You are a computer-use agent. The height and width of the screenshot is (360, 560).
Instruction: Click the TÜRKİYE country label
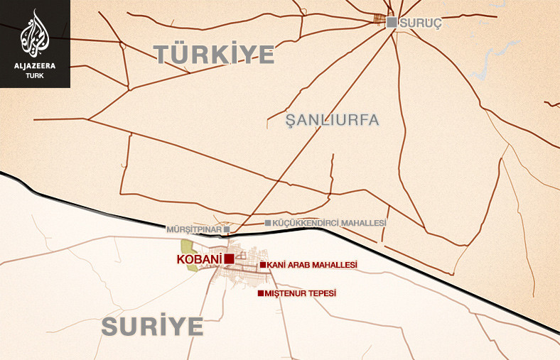(215, 54)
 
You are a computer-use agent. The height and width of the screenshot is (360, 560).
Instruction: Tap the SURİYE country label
(152, 326)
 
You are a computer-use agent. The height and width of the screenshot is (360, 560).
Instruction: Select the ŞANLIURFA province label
(332, 119)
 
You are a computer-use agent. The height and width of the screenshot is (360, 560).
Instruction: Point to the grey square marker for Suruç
(392, 22)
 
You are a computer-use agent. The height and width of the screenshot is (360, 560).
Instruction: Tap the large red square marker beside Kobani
(229, 259)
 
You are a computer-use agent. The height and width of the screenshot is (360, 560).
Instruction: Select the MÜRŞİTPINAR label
(193, 230)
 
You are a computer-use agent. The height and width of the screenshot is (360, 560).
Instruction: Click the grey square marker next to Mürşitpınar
(226, 230)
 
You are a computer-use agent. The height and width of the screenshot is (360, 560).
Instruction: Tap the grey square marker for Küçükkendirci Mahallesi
(267, 223)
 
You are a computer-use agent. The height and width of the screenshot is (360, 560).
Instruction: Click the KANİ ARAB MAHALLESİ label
(312, 265)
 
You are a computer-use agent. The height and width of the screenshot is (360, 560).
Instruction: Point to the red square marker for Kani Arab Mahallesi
(262, 265)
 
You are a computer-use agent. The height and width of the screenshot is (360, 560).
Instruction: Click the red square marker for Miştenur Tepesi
(260, 293)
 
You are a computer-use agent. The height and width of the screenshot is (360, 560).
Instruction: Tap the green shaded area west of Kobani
(188, 248)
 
